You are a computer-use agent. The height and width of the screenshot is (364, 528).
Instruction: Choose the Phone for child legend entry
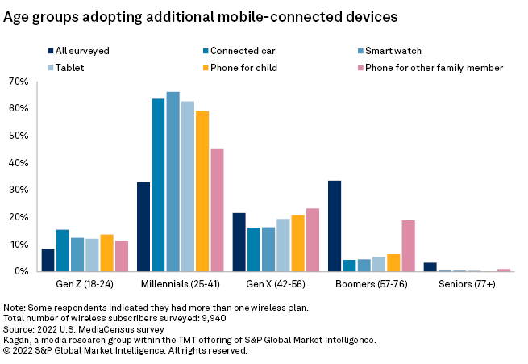[x=243, y=68]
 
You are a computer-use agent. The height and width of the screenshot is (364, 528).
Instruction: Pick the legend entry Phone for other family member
[x=434, y=68]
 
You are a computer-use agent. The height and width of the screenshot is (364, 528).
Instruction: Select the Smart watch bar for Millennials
[x=173, y=182]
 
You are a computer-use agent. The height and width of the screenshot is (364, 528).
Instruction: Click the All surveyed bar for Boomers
[x=335, y=226]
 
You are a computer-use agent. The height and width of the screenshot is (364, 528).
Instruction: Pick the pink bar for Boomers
[x=408, y=246]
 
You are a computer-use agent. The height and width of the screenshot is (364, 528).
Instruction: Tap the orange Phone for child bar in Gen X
[x=297, y=243]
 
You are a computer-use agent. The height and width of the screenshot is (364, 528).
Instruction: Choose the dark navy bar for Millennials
[x=143, y=227]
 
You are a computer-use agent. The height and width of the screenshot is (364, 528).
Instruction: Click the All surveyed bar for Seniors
[x=430, y=267]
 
